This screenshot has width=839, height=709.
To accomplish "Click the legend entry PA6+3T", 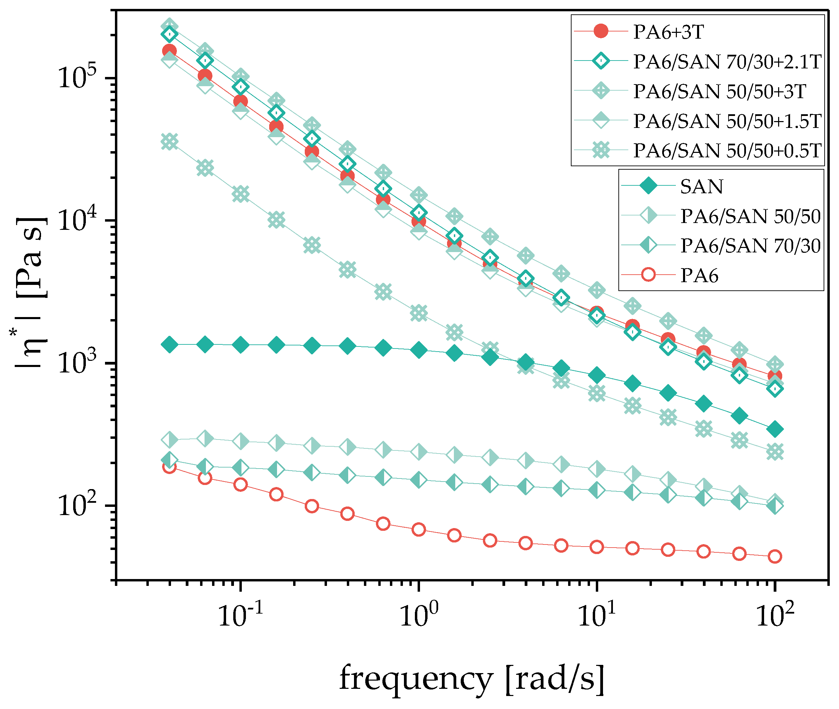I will [x=668, y=32].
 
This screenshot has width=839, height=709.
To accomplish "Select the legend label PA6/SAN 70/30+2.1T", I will [x=727, y=62].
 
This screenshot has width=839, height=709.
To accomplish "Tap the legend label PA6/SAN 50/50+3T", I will [x=719, y=91].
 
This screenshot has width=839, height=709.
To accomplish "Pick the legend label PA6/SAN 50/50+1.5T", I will [x=727, y=121].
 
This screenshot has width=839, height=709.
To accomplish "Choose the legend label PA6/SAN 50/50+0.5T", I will [x=727, y=151].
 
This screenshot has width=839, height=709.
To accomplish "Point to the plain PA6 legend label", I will [x=699, y=276].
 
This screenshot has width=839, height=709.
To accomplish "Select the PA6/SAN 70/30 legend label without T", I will [x=750, y=246].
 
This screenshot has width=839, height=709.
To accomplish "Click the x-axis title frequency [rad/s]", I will [x=472, y=679].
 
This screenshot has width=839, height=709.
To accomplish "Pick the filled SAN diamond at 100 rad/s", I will [x=775, y=429].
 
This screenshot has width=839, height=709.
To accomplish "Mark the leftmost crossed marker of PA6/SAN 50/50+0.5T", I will [x=169, y=142].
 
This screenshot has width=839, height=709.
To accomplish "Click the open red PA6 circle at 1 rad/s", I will [x=419, y=529].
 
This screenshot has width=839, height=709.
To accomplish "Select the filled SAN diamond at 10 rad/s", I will [x=597, y=375].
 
